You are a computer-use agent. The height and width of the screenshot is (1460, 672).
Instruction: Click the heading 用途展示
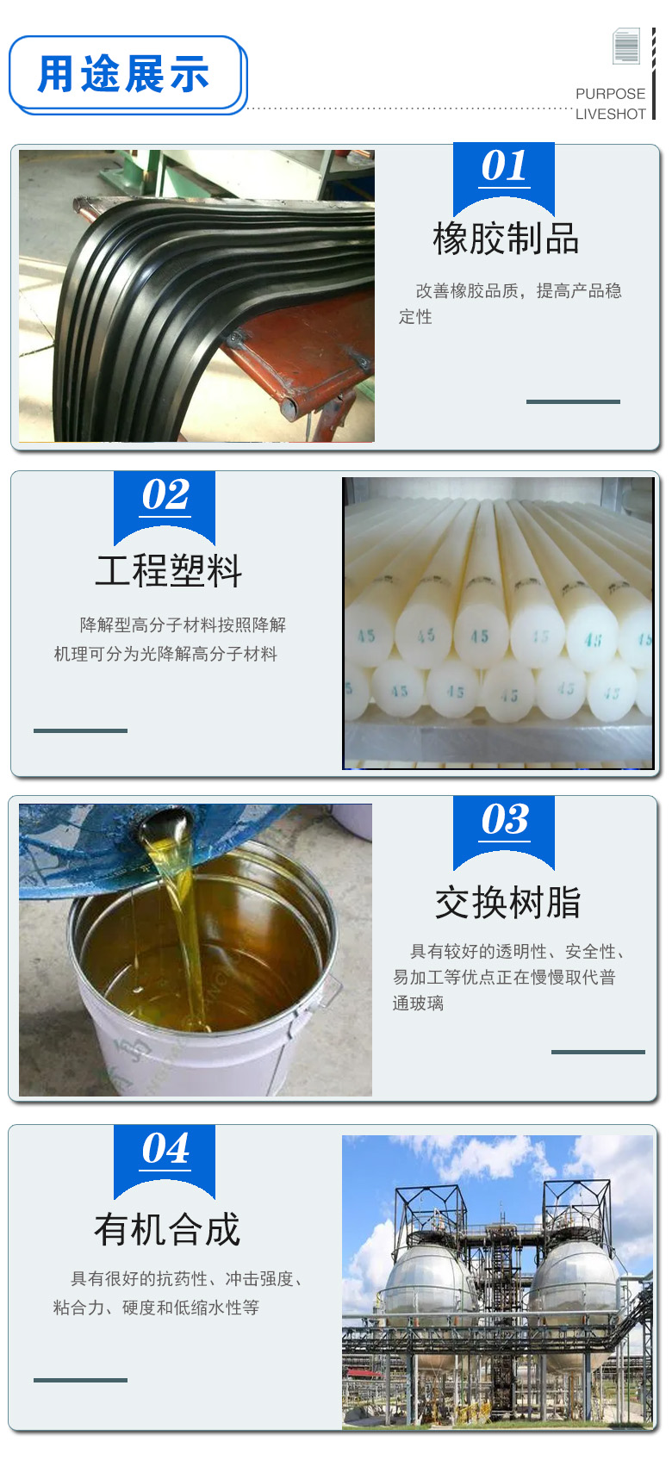(x=124, y=74)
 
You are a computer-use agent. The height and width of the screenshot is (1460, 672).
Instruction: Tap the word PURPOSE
(x=610, y=94)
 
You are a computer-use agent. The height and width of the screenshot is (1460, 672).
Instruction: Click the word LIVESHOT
(x=610, y=114)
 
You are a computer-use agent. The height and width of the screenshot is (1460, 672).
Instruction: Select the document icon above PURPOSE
(x=626, y=47)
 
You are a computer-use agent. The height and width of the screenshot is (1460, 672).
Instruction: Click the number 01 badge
(x=504, y=167)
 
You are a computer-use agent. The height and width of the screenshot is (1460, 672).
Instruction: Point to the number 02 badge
(x=165, y=496)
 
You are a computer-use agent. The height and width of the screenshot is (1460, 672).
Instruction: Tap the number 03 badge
(x=504, y=821)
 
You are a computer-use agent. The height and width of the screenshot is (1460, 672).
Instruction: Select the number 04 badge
(x=165, y=1149)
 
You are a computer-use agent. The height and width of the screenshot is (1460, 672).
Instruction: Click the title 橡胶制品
(x=506, y=239)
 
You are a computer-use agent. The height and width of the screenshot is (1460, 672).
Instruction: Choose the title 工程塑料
(x=169, y=570)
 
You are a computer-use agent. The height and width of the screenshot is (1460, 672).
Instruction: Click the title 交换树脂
(x=507, y=903)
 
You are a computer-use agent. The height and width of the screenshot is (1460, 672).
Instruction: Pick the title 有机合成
(x=167, y=1230)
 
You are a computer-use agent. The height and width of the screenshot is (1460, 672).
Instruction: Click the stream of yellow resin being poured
(x=186, y=930)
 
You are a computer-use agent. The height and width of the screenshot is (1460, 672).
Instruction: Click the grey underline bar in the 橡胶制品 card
(x=573, y=401)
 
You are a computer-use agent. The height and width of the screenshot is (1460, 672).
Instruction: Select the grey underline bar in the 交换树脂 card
(x=598, y=1052)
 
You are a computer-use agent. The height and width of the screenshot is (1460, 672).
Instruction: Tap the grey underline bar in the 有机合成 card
(x=80, y=1380)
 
